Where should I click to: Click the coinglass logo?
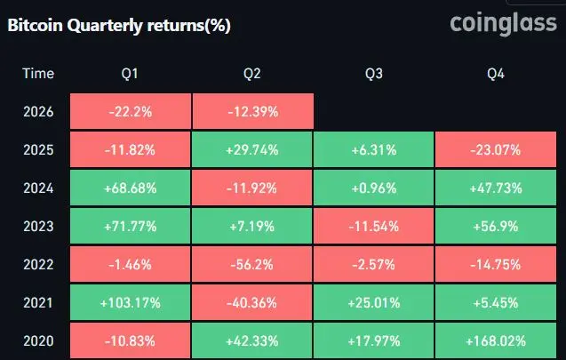[x=503, y=25]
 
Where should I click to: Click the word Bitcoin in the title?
[x=35, y=25]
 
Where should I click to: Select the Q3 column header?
[x=373, y=74]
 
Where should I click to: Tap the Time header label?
[x=38, y=73]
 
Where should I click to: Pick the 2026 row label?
[x=38, y=112]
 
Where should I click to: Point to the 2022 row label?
[x=38, y=265]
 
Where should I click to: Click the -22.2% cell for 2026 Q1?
[x=131, y=111]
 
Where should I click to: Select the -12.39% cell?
[x=252, y=111]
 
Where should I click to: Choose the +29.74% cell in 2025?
[x=252, y=149]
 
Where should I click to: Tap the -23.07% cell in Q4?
[x=496, y=149]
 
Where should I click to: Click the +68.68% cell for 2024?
[x=131, y=188]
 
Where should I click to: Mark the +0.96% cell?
[x=373, y=188]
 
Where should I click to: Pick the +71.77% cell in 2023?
[x=131, y=226]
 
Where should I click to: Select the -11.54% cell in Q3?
[x=373, y=226]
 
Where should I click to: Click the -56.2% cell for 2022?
[x=252, y=264]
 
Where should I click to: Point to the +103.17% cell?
[x=131, y=302]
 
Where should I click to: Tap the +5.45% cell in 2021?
[x=496, y=302]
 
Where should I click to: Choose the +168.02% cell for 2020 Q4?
[x=496, y=340]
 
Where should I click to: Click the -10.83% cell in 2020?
[x=131, y=340]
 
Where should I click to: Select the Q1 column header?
[x=130, y=74]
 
